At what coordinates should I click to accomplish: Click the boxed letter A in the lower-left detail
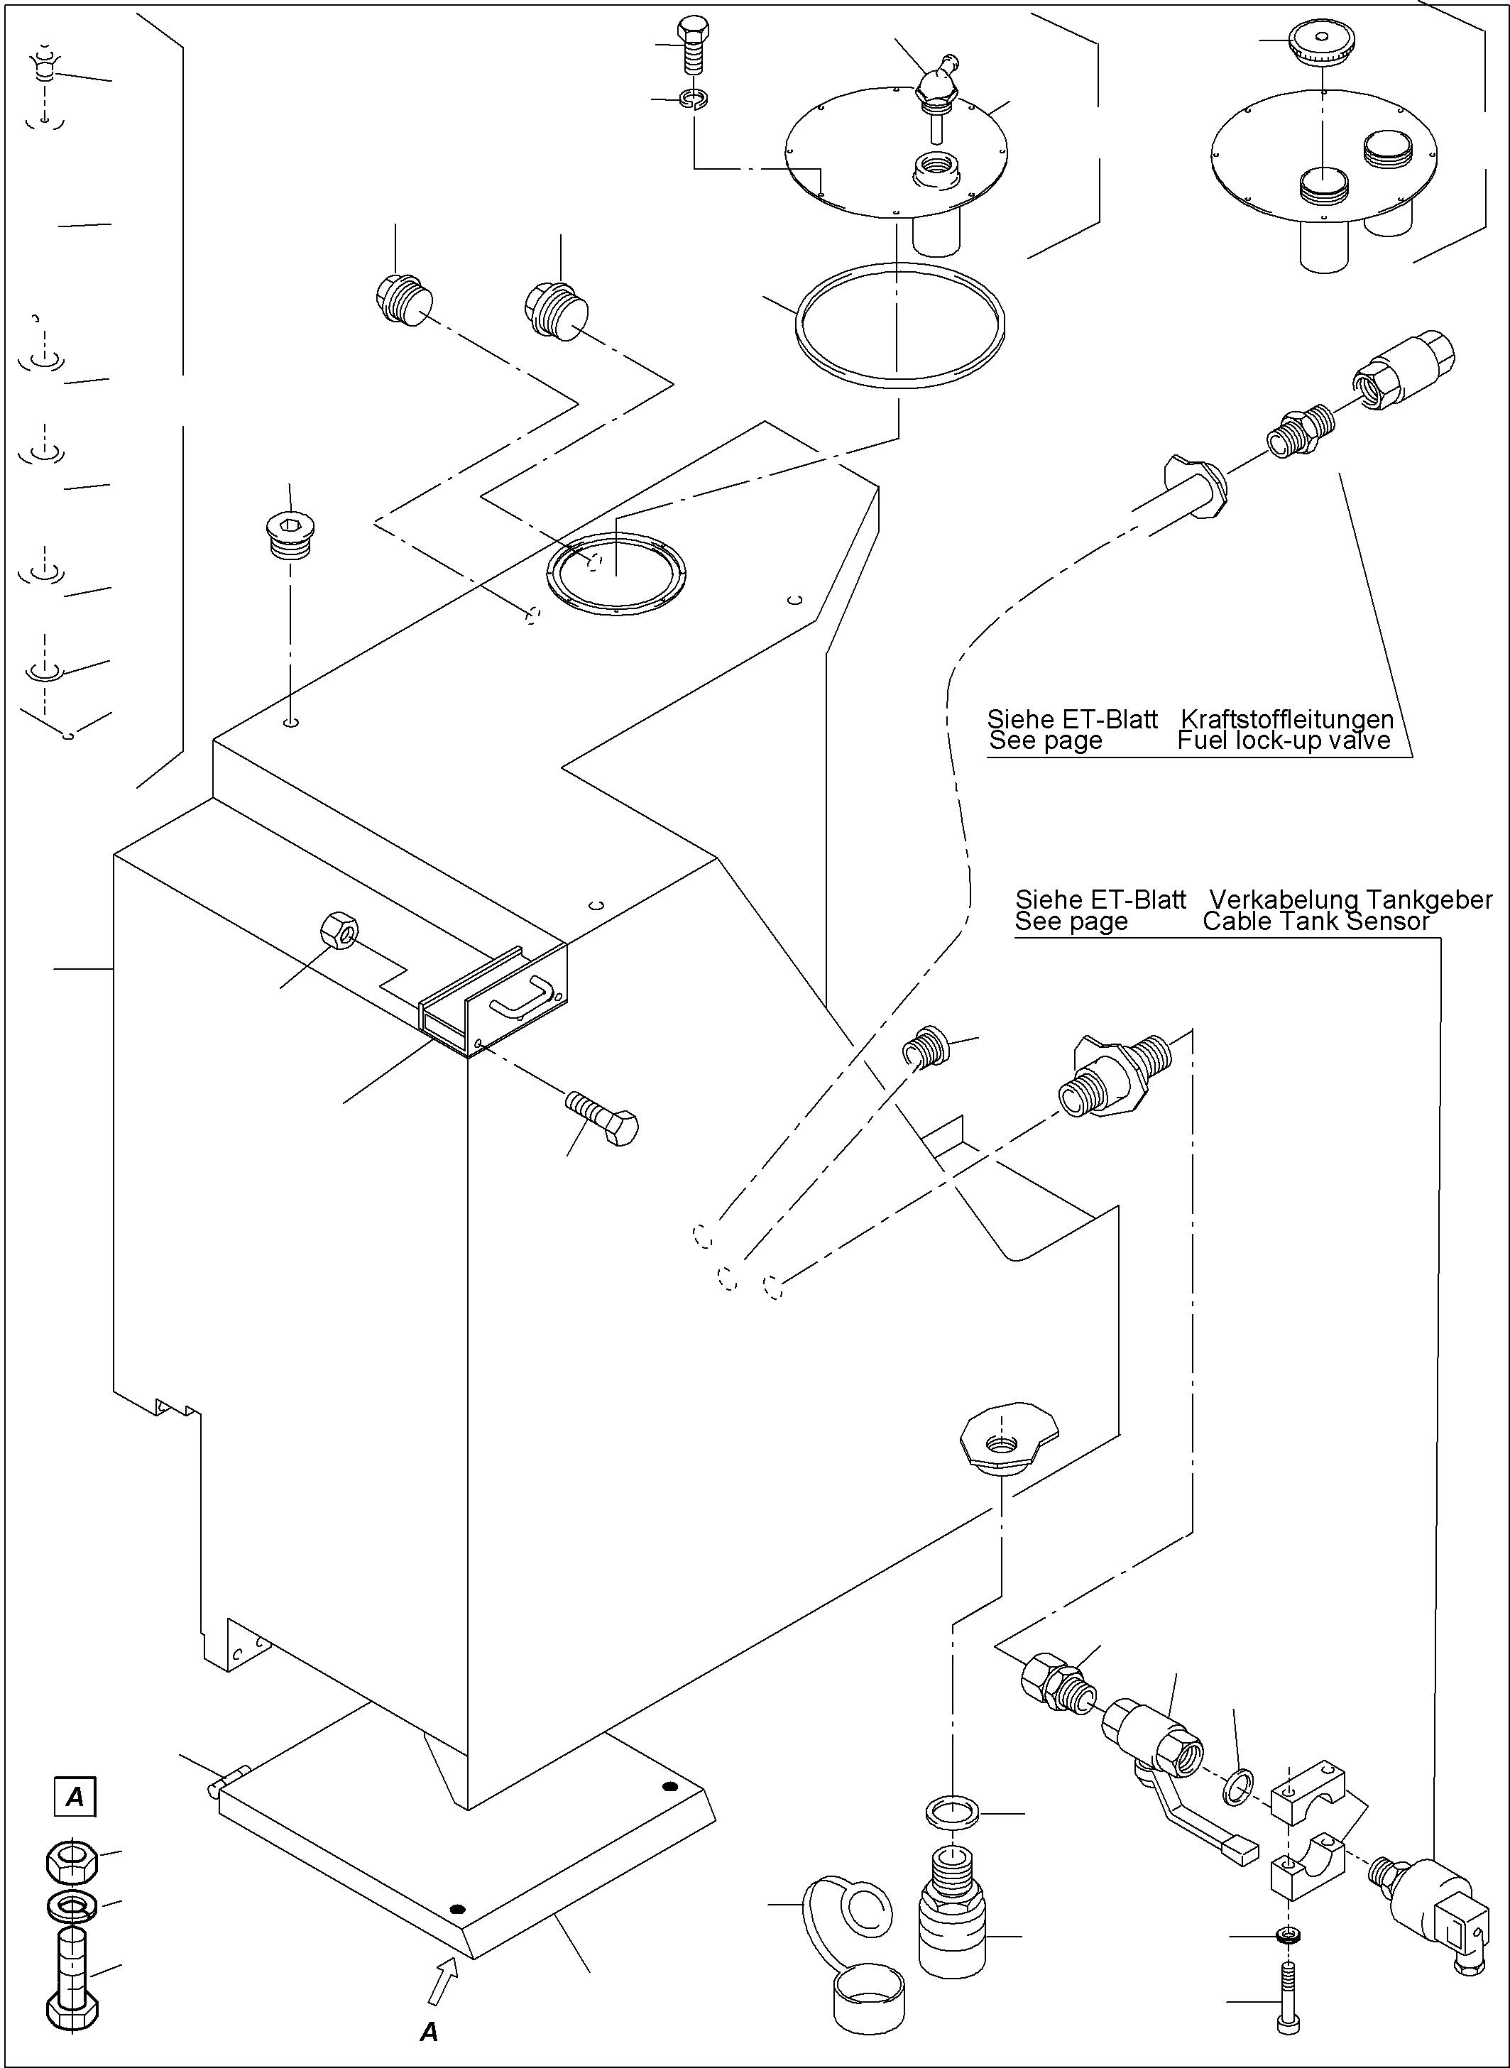(75, 1798)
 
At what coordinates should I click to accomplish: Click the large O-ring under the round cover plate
(900, 324)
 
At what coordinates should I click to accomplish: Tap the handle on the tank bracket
(522, 998)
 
